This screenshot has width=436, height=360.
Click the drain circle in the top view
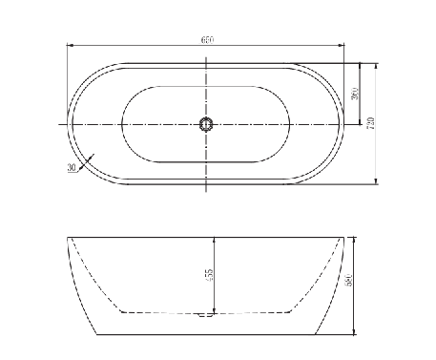coord(206,124)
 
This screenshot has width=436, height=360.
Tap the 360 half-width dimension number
coord(353,94)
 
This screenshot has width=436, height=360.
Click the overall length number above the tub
coord(206,40)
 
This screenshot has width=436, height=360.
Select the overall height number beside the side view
coord(350,284)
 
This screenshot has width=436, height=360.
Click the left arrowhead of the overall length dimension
coord(70,46)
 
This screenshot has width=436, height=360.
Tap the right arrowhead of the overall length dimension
coord(343,46)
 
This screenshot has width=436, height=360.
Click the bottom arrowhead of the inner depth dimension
coord(216,311)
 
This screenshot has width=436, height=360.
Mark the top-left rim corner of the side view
coord(67,236)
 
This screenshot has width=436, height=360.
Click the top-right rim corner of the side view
coord(343,236)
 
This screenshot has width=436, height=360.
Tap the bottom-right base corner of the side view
coord(316,334)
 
